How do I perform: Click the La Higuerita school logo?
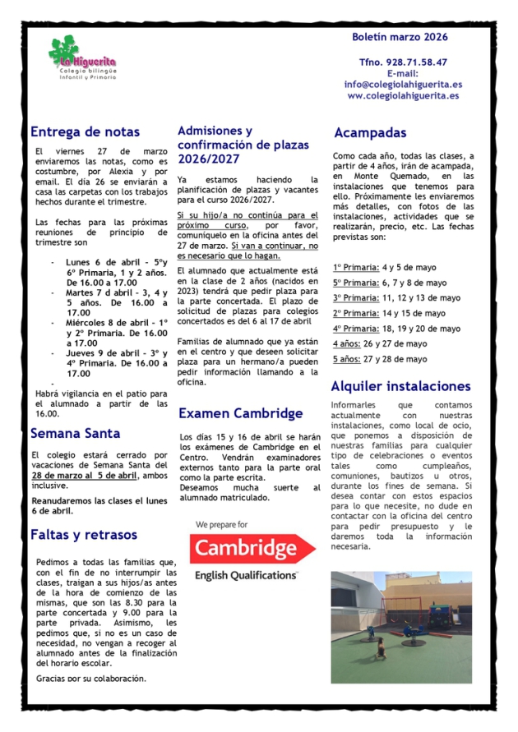[x=82, y=60]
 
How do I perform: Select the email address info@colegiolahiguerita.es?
[x=403, y=84]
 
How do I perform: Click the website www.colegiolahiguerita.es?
[x=403, y=95]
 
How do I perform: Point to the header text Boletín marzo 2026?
[x=400, y=37]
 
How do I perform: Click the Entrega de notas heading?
[x=85, y=131]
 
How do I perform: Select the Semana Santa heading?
[x=75, y=433]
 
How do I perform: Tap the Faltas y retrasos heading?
[x=84, y=535]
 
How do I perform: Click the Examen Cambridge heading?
[x=240, y=413]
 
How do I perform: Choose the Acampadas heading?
[x=370, y=132]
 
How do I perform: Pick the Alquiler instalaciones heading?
[x=400, y=385]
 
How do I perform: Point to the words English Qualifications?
[x=245, y=575]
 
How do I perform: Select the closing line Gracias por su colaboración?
[x=91, y=679]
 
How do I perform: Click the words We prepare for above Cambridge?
[x=221, y=523]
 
